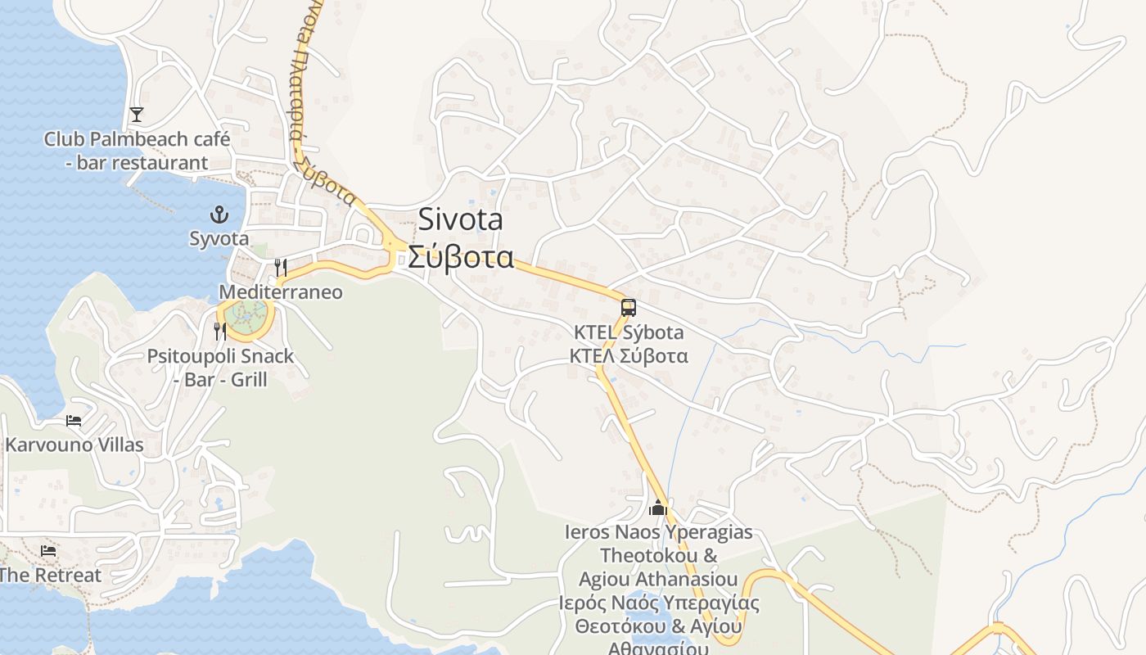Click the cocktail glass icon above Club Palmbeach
tap(137, 115)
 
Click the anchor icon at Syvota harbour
tap(219, 215)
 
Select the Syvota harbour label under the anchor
tap(219, 238)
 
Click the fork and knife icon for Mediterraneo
tap(280, 267)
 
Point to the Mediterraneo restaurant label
tap(281, 292)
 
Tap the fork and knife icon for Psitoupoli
tap(219, 331)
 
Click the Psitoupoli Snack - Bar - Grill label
tap(220, 368)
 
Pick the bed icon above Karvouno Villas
tap(74, 421)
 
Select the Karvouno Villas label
tap(74, 445)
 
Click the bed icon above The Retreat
tap(48, 551)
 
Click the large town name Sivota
tap(460, 219)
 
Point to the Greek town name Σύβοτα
tap(461, 257)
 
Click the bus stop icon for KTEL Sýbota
tap(628, 308)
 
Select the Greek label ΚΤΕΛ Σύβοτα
tap(629, 356)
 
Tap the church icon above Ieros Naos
tap(658, 508)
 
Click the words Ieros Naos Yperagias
tap(658, 532)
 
